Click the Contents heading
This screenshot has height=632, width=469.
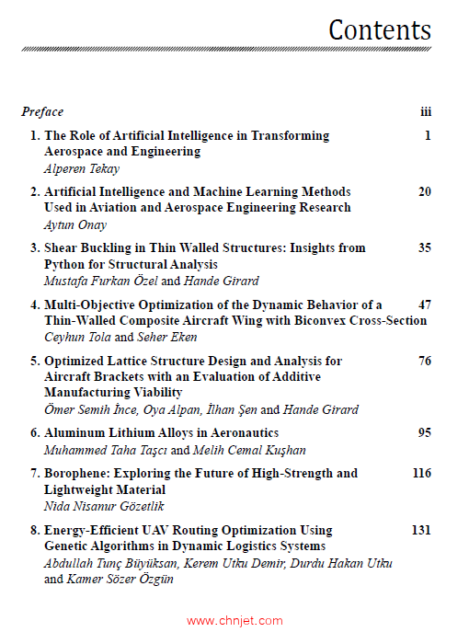[380, 29]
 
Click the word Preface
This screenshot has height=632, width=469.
[42, 112]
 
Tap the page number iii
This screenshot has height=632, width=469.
[426, 112]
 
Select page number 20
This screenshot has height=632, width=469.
[424, 191]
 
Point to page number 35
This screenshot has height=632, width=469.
[424, 247]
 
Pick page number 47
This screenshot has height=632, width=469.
[424, 304]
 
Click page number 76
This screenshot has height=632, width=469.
[424, 361]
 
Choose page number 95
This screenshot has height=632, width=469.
[424, 432]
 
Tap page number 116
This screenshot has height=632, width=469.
[421, 473]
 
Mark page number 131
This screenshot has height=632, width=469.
[421, 530]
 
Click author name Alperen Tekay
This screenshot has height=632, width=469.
[82, 168]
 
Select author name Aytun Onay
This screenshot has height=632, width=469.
[76, 224]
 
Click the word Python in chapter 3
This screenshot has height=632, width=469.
[65, 264]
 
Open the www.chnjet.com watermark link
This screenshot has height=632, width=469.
[234, 621]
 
